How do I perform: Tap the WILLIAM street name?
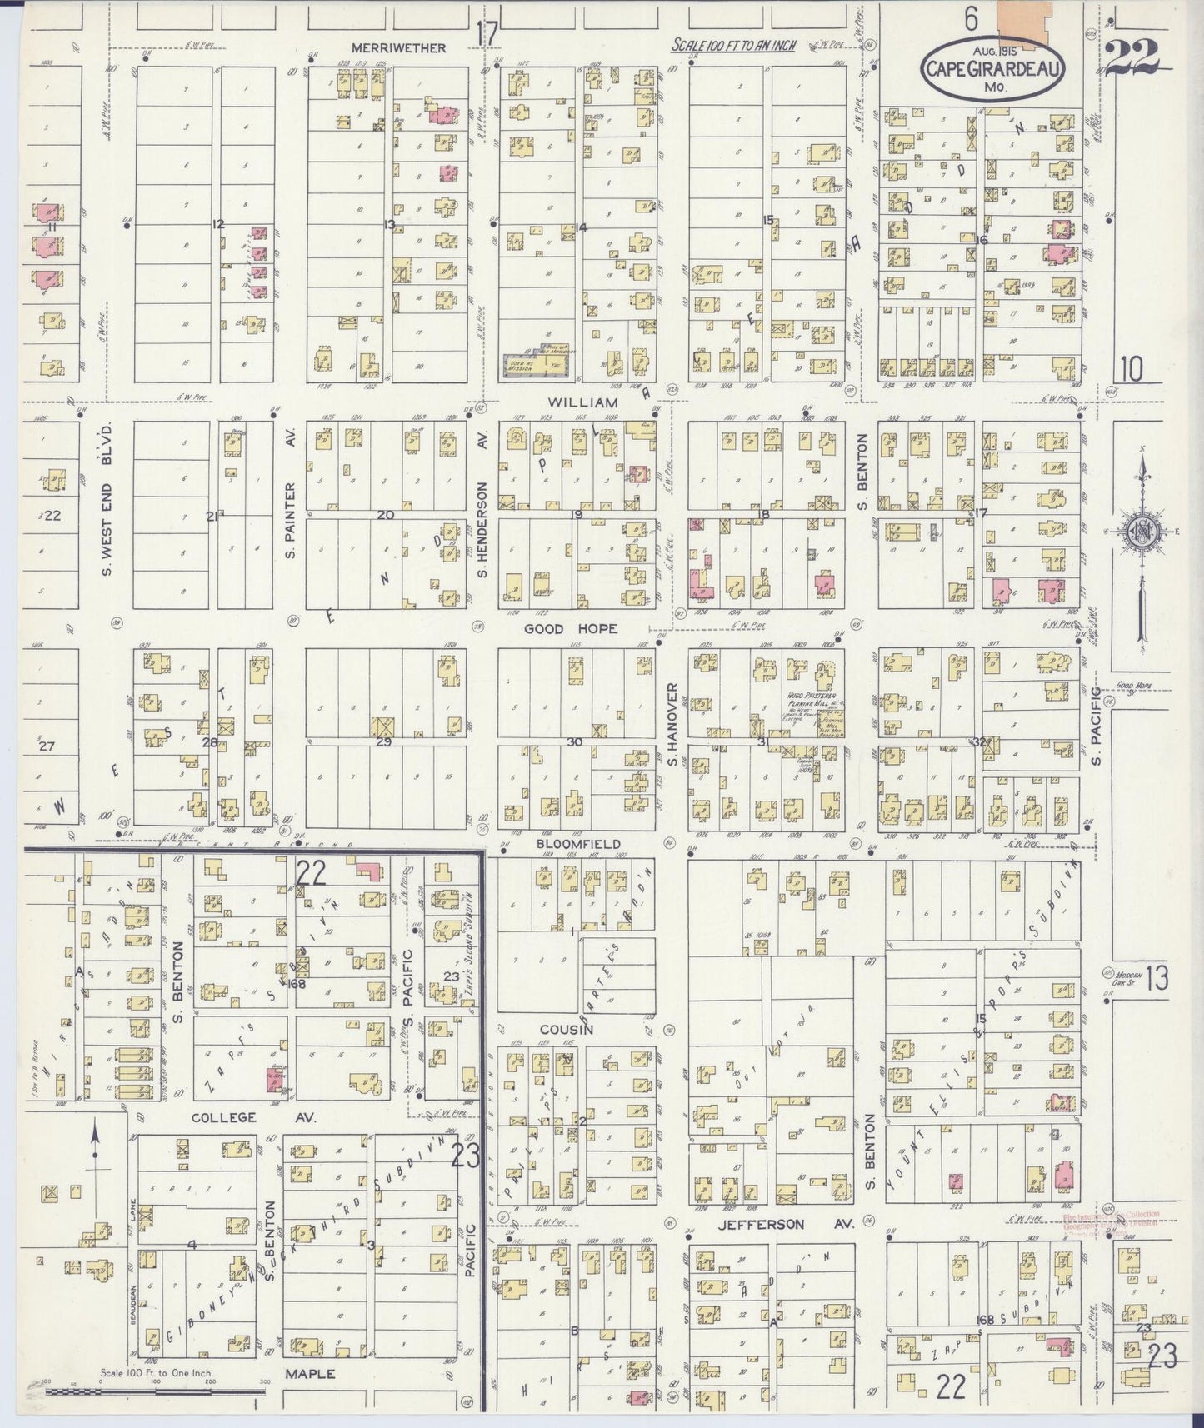point(571,402)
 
